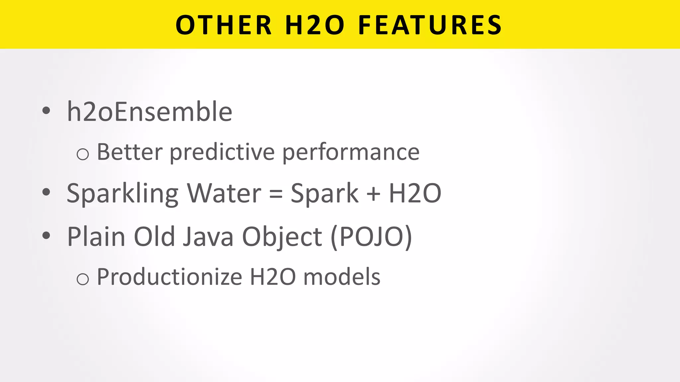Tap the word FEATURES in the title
pyautogui.click(x=430, y=25)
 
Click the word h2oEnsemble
pyautogui.click(x=149, y=111)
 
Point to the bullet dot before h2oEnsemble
pyautogui.click(x=46, y=111)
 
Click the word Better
pyautogui.click(x=130, y=152)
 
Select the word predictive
pyautogui.click(x=222, y=153)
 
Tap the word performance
pyautogui.click(x=351, y=153)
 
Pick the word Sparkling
pyautogui.click(x=123, y=194)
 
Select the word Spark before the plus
pyautogui.click(x=324, y=194)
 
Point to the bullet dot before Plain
pyautogui.click(x=46, y=236)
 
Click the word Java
pyautogui.click(x=208, y=236)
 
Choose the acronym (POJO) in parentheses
pyautogui.click(x=371, y=237)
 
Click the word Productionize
pyautogui.click(x=169, y=277)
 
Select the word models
pyautogui.click(x=342, y=277)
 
